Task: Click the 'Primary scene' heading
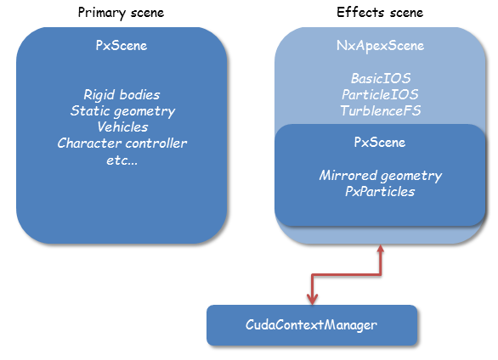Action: [121, 13]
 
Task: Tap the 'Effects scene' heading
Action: [380, 13]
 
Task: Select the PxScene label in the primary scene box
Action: [122, 45]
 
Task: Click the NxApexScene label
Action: [380, 46]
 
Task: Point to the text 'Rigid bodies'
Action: [122, 95]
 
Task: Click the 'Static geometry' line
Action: [122, 111]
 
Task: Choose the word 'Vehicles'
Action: [122, 127]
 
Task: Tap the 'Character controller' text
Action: [122, 143]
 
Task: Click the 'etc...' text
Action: [122, 160]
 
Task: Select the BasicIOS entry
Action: [381, 78]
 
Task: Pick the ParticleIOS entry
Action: [380, 94]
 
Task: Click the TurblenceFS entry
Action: [381, 110]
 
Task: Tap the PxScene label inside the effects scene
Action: [380, 143]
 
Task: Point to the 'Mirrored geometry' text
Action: [381, 176]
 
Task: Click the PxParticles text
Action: [380, 192]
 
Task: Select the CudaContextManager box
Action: [312, 325]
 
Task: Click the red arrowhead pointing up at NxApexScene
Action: [381, 249]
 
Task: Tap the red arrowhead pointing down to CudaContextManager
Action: [312, 300]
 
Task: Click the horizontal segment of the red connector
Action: [346, 275]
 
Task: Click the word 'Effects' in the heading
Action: [360, 13]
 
